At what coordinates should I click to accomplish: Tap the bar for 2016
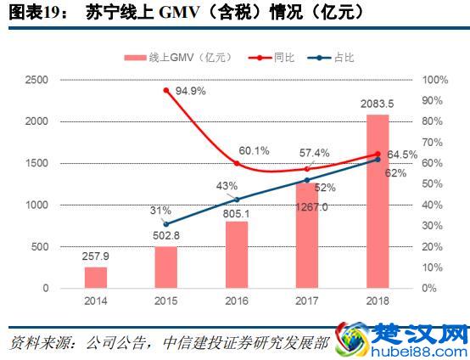pyautogui.click(x=237, y=254)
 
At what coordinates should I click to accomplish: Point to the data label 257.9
pyautogui.click(x=96, y=256)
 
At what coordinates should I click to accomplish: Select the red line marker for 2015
pyautogui.click(x=166, y=90)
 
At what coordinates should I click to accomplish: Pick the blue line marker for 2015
pyautogui.click(x=166, y=224)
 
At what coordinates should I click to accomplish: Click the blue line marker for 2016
pyautogui.click(x=237, y=200)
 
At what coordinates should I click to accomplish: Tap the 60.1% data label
pyautogui.click(x=253, y=150)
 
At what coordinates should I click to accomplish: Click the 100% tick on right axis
pyautogui.click(x=434, y=80)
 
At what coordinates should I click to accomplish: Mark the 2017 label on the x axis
pyautogui.click(x=307, y=301)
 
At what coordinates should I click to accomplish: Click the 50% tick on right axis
pyautogui.click(x=431, y=184)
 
